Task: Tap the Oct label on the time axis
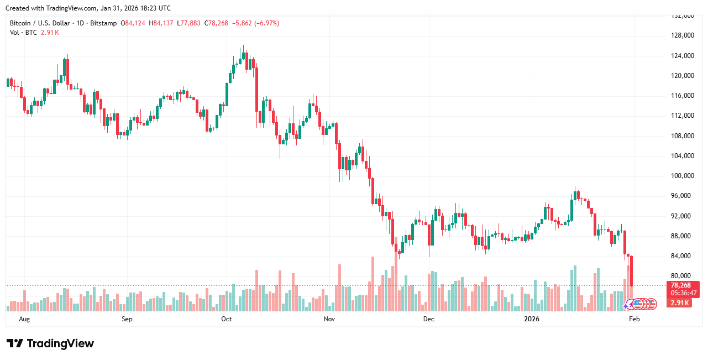(x=226, y=319)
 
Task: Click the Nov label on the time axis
(x=329, y=319)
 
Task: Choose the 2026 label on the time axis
(x=531, y=319)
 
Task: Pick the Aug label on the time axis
(x=24, y=319)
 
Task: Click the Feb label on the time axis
(x=634, y=319)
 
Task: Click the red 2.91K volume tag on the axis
(x=680, y=303)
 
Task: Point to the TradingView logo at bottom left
(x=50, y=343)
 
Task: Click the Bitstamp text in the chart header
(x=103, y=23)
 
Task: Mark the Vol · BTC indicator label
(x=24, y=33)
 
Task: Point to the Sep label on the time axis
(x=127, y=319)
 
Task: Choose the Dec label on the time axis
(x=428, y=319)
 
